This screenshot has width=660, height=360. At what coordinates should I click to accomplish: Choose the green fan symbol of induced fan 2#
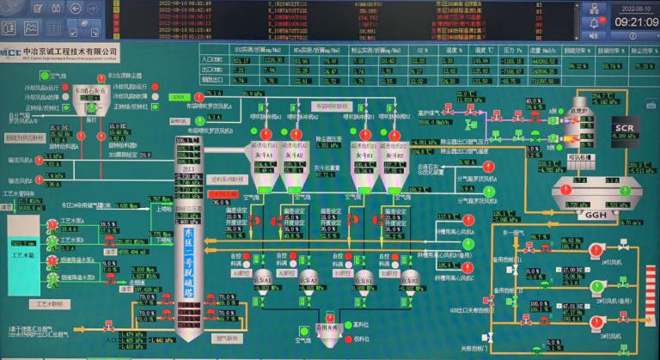click(600, 287)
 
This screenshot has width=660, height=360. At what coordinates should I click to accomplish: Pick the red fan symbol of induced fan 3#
click(600, 324)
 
